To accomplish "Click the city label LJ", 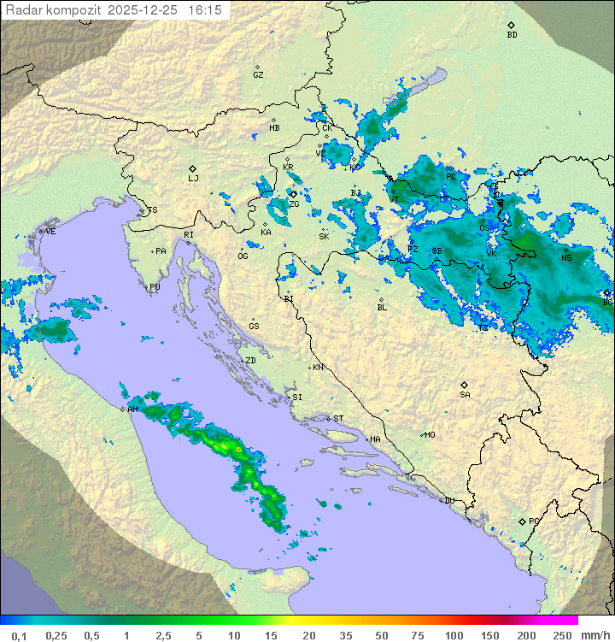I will [x=193, y=179].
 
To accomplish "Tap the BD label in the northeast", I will [x=512, y=35].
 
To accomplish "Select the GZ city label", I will [x=258, y=75].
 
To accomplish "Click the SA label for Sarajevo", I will [x=465, y=395].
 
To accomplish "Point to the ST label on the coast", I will [x=338, y=419].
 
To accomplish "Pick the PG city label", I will [x=534, y=521].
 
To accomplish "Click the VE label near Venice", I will [x=50, y=232].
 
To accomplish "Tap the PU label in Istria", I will [x=155, y=287].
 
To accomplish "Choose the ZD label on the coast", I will [x=250, y=361].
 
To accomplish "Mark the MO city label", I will [x=430, y=435].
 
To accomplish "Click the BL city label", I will [x=382, y=308].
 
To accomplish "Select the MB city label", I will [x=274, y=128].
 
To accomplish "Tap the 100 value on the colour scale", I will [x=453, y=635].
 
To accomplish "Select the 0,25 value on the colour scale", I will [x=56, y=635].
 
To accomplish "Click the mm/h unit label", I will [x=594, y=635].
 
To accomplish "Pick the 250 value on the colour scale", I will [x=561, y=635].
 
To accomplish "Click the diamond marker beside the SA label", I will [x=465, y=385].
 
